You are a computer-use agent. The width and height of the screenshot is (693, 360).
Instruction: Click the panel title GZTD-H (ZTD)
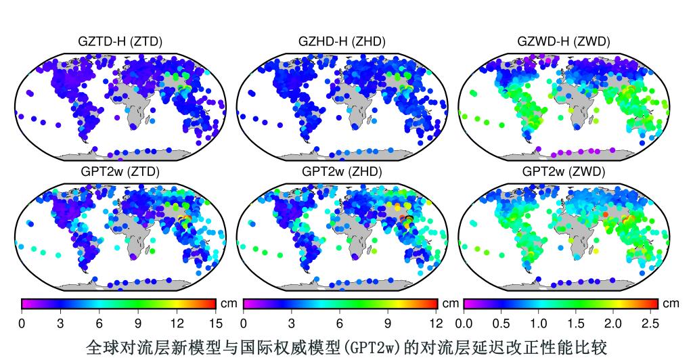[120, 42]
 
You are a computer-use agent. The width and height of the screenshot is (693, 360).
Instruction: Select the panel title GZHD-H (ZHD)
[342, 42]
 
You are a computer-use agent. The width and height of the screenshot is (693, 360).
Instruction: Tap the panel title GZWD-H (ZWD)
[563, 42]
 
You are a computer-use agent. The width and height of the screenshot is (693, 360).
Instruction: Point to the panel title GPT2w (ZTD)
[120, 172]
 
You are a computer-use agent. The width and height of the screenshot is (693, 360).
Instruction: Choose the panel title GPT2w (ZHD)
[342, 172]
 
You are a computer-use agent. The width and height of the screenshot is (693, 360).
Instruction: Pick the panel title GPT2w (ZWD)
[563, 172]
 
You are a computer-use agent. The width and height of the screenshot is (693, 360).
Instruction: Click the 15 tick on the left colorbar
[215, 323]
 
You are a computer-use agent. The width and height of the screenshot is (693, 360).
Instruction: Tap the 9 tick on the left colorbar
[138, 323]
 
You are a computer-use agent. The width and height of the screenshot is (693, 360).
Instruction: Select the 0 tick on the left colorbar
[22, 323]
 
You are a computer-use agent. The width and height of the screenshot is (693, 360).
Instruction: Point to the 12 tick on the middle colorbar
[436, 323]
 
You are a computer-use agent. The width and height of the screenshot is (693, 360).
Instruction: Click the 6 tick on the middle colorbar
[339, 323]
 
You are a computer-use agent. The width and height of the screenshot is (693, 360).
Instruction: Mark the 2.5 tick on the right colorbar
[650, 323]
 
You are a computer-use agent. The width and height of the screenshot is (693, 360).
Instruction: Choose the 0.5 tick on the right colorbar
[501, 323]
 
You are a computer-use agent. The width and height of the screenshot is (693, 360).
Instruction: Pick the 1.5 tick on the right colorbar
[576, 323]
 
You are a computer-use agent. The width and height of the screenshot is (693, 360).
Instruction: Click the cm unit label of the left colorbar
[229, 304]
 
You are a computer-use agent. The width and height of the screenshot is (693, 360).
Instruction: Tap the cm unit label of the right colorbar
[671, 304]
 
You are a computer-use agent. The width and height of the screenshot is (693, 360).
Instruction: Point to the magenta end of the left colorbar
[26, 303]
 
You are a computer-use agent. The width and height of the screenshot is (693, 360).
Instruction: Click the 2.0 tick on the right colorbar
[613, 323]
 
